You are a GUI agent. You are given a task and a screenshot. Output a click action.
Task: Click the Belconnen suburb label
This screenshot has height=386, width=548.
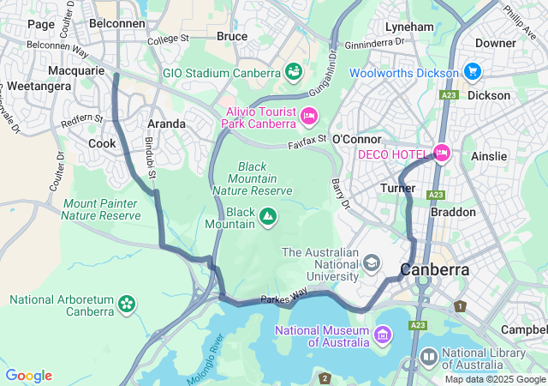(116, 23)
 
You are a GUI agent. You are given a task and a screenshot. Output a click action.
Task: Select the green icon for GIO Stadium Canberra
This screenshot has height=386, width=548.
(294, 70)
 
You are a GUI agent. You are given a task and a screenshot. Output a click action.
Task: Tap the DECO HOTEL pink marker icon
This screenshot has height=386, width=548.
(442, 154)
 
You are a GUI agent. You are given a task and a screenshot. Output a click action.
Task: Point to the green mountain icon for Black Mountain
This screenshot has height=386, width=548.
(268, 217)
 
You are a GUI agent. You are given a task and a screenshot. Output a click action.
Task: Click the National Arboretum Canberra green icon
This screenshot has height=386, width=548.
(127, 303)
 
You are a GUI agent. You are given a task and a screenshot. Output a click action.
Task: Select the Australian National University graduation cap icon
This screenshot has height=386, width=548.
(371, 262)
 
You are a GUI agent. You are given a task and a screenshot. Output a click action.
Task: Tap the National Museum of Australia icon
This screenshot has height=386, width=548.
(382, 334)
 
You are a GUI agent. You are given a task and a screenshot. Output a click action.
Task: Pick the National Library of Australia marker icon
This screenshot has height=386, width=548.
(429, 355)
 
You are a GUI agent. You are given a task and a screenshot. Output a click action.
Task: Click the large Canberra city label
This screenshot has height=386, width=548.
(435, 269)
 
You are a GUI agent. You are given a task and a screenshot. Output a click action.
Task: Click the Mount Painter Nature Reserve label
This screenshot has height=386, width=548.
(101, 209)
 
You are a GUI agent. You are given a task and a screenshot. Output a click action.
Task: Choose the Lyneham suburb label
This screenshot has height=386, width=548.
(409, 27)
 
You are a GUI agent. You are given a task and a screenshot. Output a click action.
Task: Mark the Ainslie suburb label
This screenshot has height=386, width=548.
(489, 156)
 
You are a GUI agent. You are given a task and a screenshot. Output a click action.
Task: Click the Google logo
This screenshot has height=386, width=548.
(28, 376)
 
